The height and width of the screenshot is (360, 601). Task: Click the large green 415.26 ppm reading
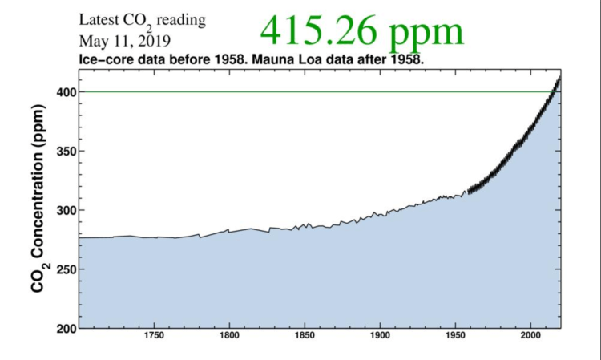click(361, 31)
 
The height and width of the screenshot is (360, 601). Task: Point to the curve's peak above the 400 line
click(559, 77)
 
